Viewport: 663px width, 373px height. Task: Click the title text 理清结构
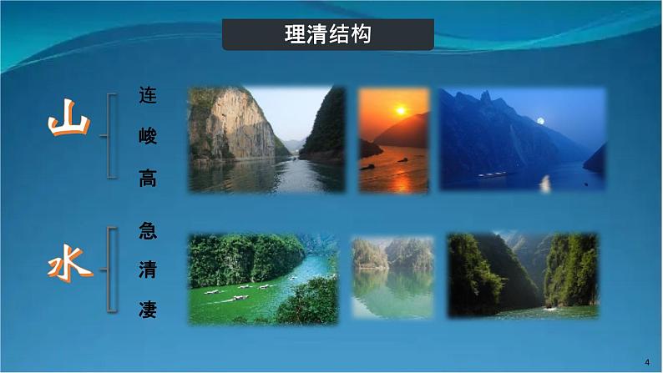click(327, 35)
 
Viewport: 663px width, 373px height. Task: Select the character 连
click(148, 96)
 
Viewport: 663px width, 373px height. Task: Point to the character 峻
click(148, 137)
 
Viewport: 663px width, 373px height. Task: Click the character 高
click(148, 177)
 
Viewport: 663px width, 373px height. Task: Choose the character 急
click(148, 229)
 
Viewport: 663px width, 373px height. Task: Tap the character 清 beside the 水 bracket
click(148, 270)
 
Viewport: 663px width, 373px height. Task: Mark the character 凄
click(148, 310)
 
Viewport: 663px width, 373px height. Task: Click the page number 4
click(647, 360)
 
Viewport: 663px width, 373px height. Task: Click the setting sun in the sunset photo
click(400, 110)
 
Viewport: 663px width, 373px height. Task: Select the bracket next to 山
click(109, 135)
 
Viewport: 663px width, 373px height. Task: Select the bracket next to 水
click(109, 270)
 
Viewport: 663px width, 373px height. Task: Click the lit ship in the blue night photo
click(492, 174)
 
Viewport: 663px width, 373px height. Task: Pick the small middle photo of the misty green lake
click(392, 278)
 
